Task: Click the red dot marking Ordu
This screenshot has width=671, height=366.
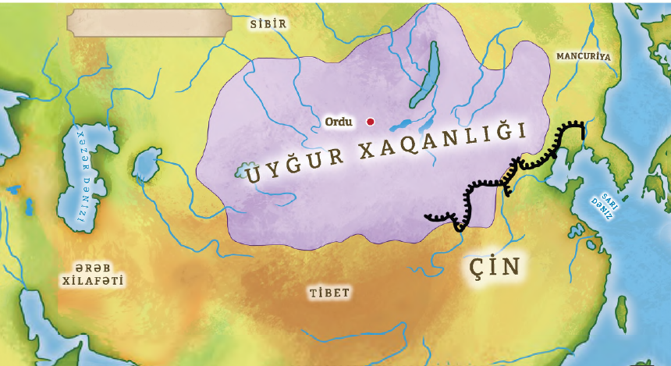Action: [371, 122]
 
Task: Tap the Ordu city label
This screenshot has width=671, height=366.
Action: [339, 122]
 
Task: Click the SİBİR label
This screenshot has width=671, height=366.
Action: [268, 24]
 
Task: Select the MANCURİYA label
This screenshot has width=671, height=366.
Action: [583, 57]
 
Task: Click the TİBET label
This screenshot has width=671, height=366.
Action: [328, 293]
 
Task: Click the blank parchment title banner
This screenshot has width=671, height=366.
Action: [150, 22]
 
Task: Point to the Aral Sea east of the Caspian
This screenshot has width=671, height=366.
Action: [147, 164]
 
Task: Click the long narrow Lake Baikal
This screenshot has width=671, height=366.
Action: [426, 75]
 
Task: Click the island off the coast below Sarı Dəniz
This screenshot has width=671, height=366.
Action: [621, 313]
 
